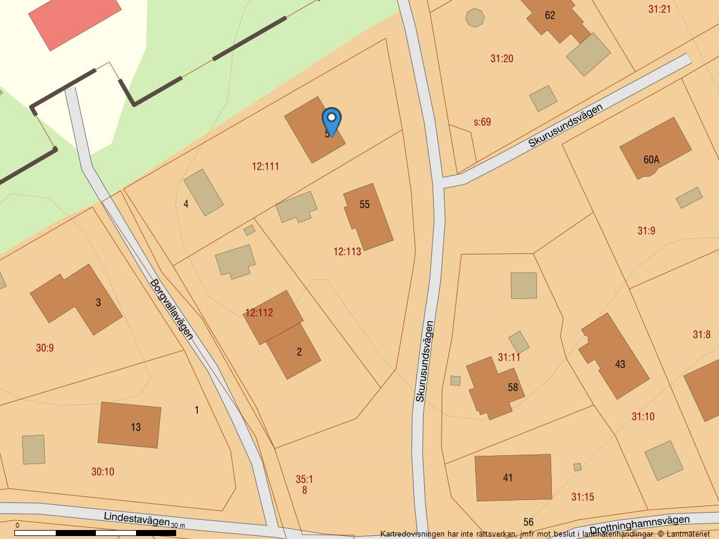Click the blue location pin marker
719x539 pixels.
[x=331, y=120]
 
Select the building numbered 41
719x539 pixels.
[x=513, y=477]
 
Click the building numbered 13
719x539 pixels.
[x=129, y=425]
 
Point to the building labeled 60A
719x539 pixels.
[x=654, y=148]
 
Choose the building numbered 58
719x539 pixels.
[x=494, y=387]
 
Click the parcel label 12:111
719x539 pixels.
[x=265, y=166]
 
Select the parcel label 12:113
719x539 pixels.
[x=348, y=252]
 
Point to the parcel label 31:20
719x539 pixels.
[x=502, y=59]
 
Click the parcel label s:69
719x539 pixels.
[x=482, y=122]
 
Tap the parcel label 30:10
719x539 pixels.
[x=102, y=472]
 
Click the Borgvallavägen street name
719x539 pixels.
[x=172, y=309]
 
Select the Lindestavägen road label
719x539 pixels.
[x=137, y=519]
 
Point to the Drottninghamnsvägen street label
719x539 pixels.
[x=639, y=525]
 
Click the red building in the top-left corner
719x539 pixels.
[x=75, y=20]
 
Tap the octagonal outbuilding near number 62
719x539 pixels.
[x=475, y=18]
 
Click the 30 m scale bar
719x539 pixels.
[x=95, y=532]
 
